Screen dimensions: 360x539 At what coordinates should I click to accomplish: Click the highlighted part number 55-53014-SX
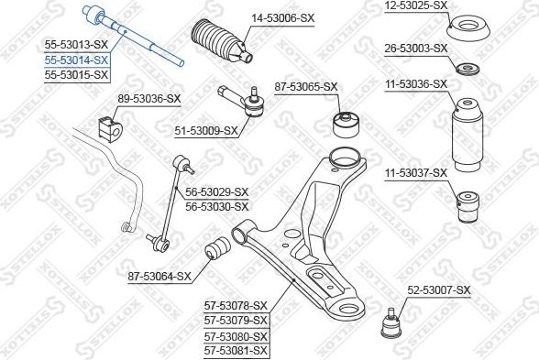(x=76, y=59)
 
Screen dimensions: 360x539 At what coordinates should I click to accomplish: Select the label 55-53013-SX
(x=76, y=44)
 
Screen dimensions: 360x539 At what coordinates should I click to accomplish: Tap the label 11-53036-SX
(x=415, y=83)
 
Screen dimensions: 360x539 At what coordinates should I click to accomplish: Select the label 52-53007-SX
(x=438, y=290)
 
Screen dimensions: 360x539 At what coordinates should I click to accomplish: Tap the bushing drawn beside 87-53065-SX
(x=345, y=121)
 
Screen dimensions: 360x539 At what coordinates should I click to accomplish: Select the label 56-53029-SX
(x=217, y=191)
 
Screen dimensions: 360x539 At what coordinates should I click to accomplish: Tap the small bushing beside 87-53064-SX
(x=220, y=248)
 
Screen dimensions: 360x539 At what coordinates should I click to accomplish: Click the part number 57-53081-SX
(x=236, y=350)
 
